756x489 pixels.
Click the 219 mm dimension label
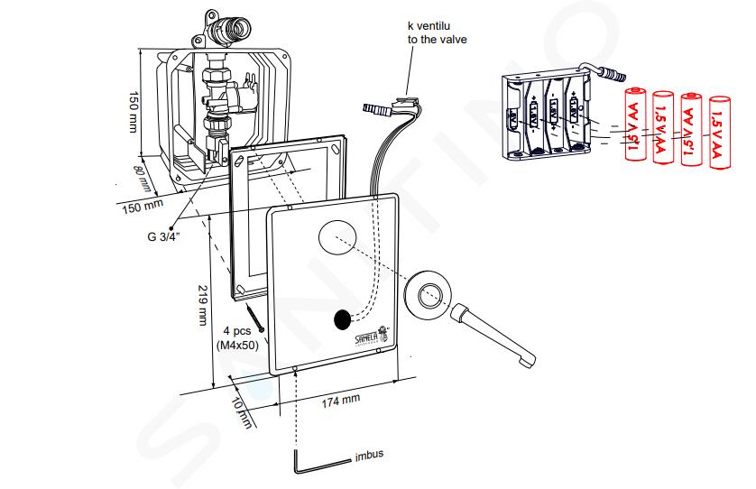(203, 305)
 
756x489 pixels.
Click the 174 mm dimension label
(341, 401)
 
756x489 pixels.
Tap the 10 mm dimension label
(242, 413)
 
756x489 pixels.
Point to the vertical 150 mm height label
(134, 111)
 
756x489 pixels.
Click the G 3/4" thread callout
(163, 236)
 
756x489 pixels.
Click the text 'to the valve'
(438, 40)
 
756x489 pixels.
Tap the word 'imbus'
(369, 455)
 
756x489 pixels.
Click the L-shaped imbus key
(318, 463)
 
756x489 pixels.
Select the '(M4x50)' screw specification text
(237, 346)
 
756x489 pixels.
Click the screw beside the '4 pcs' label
(255, 318)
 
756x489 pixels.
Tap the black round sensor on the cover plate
(342, 319)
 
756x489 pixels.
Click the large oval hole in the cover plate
(337, 238)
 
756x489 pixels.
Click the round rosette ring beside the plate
(429, 295)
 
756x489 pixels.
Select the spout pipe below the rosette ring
(493, 336)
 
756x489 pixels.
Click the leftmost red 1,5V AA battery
(636, 125)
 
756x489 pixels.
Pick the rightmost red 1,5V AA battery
(720, 132)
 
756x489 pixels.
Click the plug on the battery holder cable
(612, 74)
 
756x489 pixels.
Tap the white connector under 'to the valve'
(404, 103)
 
